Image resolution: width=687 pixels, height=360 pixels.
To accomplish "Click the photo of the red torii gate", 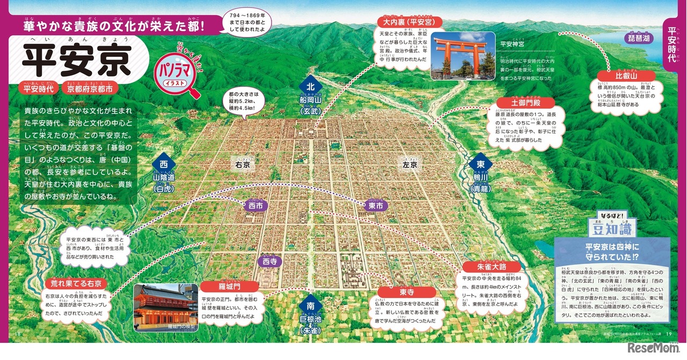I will click(463, 55).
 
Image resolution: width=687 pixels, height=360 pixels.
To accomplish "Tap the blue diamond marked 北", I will click(310, 86).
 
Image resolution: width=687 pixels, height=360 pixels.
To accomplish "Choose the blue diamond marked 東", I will click(480, 164).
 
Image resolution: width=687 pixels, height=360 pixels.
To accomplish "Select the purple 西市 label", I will click(257, 205).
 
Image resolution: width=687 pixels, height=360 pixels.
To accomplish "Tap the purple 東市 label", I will click(375, 205).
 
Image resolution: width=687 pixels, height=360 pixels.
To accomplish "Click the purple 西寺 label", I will click(270, 261).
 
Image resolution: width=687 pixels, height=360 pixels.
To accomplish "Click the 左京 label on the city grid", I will click(410, 165).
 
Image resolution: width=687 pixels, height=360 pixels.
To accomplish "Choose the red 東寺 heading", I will click(406, 292).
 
